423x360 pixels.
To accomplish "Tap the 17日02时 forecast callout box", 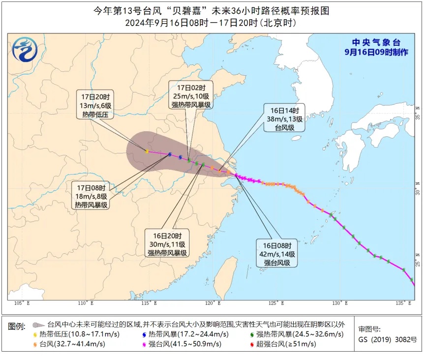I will click(191, 95).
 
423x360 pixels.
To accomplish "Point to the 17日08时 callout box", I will click(91, 196).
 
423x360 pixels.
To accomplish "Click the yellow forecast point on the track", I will click(147, 151).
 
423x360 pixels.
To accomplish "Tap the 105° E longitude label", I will click(22, 303).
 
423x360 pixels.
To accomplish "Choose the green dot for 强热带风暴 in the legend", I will click(252, 334).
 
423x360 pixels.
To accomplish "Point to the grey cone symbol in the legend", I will click(38, 325).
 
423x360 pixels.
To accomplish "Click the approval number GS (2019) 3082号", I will click(388, 340).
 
